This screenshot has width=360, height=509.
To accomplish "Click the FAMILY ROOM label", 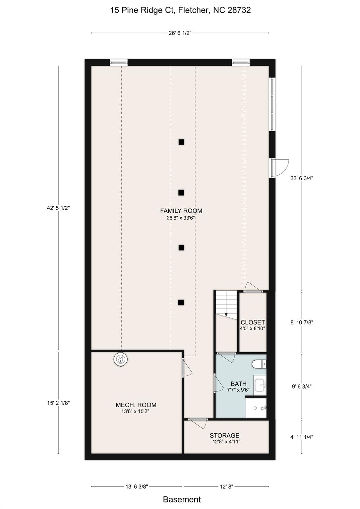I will (x=181, y=211).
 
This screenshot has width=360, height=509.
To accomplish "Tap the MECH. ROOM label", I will (x=136, y=405).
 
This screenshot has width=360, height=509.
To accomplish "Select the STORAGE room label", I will (x=224, y=435).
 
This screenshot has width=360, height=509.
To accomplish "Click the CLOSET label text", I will (x=253, y=322).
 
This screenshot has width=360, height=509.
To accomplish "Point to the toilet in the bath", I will (x=259, y=364).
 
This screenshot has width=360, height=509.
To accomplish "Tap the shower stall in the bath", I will (x=256, y=408).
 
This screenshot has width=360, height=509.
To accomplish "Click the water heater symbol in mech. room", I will (x=121, y=360).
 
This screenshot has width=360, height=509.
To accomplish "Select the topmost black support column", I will (x=181, y=142).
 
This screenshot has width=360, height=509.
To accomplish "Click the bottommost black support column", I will (x=181, y=302).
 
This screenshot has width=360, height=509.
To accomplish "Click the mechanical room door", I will (x=186, y=368).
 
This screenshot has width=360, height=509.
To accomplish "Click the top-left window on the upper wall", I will (x=119, y=62).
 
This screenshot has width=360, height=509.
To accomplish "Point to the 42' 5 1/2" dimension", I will (x=58, y=208).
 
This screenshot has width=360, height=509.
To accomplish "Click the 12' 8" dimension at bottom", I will (x=226, y=486).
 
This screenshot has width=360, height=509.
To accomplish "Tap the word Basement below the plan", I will (x=182, y=499).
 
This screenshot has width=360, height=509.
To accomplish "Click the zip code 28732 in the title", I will (x=239, y=10).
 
